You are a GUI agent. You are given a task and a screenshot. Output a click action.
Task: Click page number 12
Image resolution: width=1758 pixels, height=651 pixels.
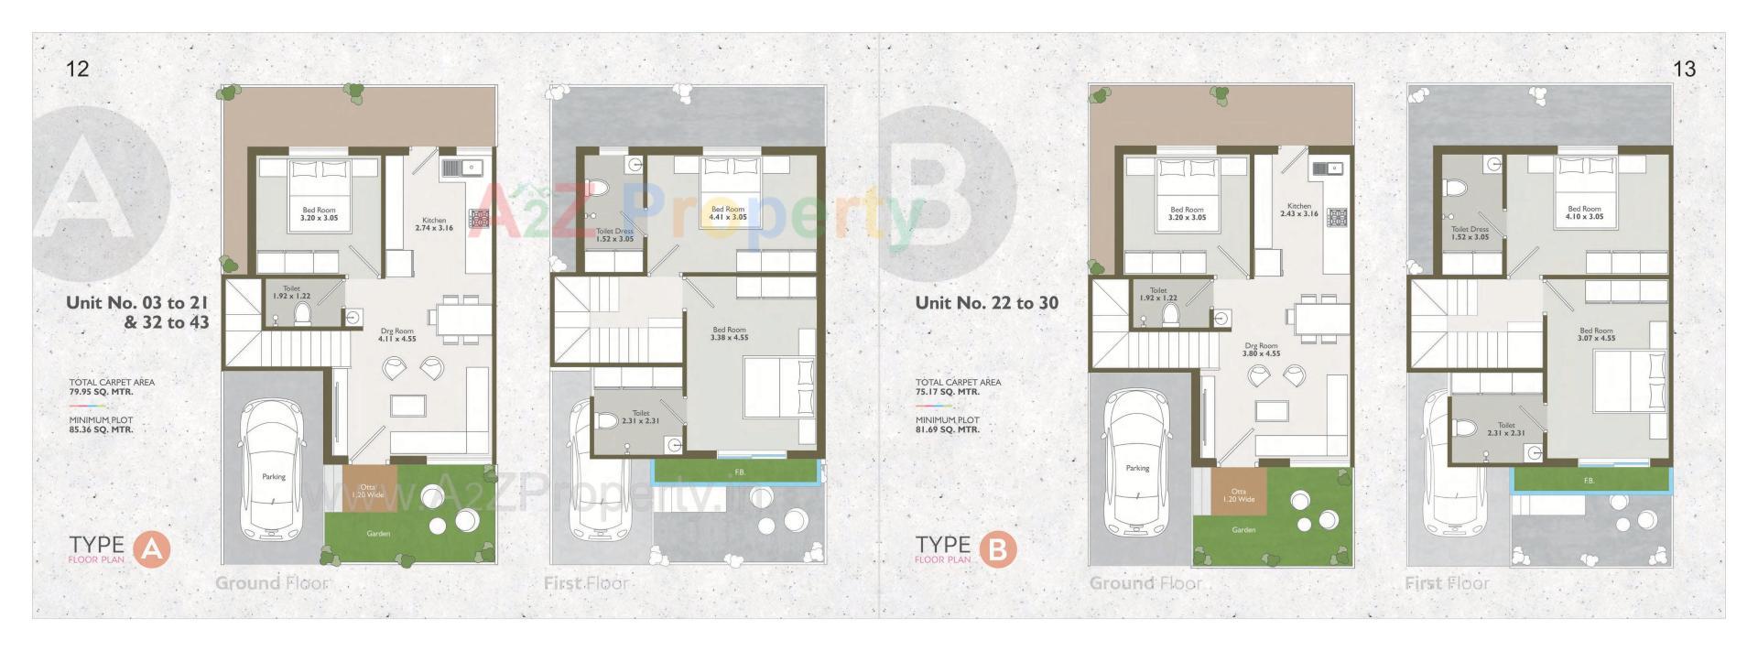point(78,69)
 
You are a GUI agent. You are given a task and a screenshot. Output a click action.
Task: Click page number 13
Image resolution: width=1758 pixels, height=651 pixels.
point(1684,69)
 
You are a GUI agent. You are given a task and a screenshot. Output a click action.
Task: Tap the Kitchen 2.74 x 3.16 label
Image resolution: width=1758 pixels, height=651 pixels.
point(434,223)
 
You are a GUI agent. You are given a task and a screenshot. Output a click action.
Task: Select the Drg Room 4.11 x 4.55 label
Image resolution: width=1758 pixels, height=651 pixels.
point(396,334)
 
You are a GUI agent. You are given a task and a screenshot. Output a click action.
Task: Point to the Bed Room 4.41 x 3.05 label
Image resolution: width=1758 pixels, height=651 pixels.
point(729,213)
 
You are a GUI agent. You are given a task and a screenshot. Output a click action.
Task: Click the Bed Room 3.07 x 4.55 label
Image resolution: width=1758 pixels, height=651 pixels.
point(1596,334)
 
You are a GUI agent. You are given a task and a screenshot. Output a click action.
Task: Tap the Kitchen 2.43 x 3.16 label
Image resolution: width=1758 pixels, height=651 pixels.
point(1298,210)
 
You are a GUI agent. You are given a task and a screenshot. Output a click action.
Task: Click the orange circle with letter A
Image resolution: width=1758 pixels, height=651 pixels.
point(152,549)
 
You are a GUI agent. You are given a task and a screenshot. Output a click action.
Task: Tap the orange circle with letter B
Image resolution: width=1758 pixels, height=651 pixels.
point(998,549)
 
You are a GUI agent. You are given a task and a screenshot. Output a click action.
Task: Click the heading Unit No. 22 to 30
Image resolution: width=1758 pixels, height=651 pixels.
point(986,303)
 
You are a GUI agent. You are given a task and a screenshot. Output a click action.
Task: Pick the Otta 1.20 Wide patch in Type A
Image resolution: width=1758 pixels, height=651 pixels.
point(369,491)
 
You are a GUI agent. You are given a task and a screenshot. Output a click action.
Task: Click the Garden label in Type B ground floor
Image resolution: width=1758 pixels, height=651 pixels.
point(1243,530)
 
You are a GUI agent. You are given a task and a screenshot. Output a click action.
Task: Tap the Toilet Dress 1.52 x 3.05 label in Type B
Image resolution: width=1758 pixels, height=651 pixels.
point(1470,233)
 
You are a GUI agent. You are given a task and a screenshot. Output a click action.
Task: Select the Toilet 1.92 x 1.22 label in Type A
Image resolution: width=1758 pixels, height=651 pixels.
point(291,293)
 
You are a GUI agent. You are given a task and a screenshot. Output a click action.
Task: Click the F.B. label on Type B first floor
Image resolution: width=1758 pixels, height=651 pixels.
point(1589,481)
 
